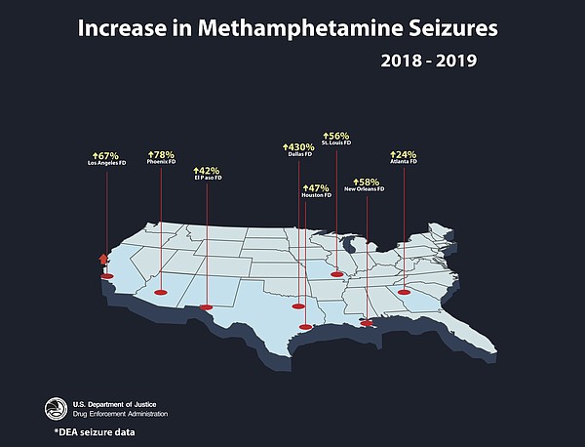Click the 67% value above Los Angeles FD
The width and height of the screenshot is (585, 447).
point(105,155)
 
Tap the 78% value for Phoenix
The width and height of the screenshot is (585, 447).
point(161,154)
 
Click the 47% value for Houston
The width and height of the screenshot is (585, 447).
point(316,187)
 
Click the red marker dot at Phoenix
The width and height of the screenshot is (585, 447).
point(162,290)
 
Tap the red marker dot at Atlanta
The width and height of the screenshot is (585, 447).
point(404,290)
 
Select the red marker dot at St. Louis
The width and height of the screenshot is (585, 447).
point(337,274)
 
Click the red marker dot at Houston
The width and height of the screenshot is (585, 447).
point(305,327)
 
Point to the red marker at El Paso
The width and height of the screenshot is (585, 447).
point(206,307)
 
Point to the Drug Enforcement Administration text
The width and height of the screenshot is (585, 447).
point(121,413)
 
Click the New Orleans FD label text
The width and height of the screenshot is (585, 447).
point(365,188)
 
